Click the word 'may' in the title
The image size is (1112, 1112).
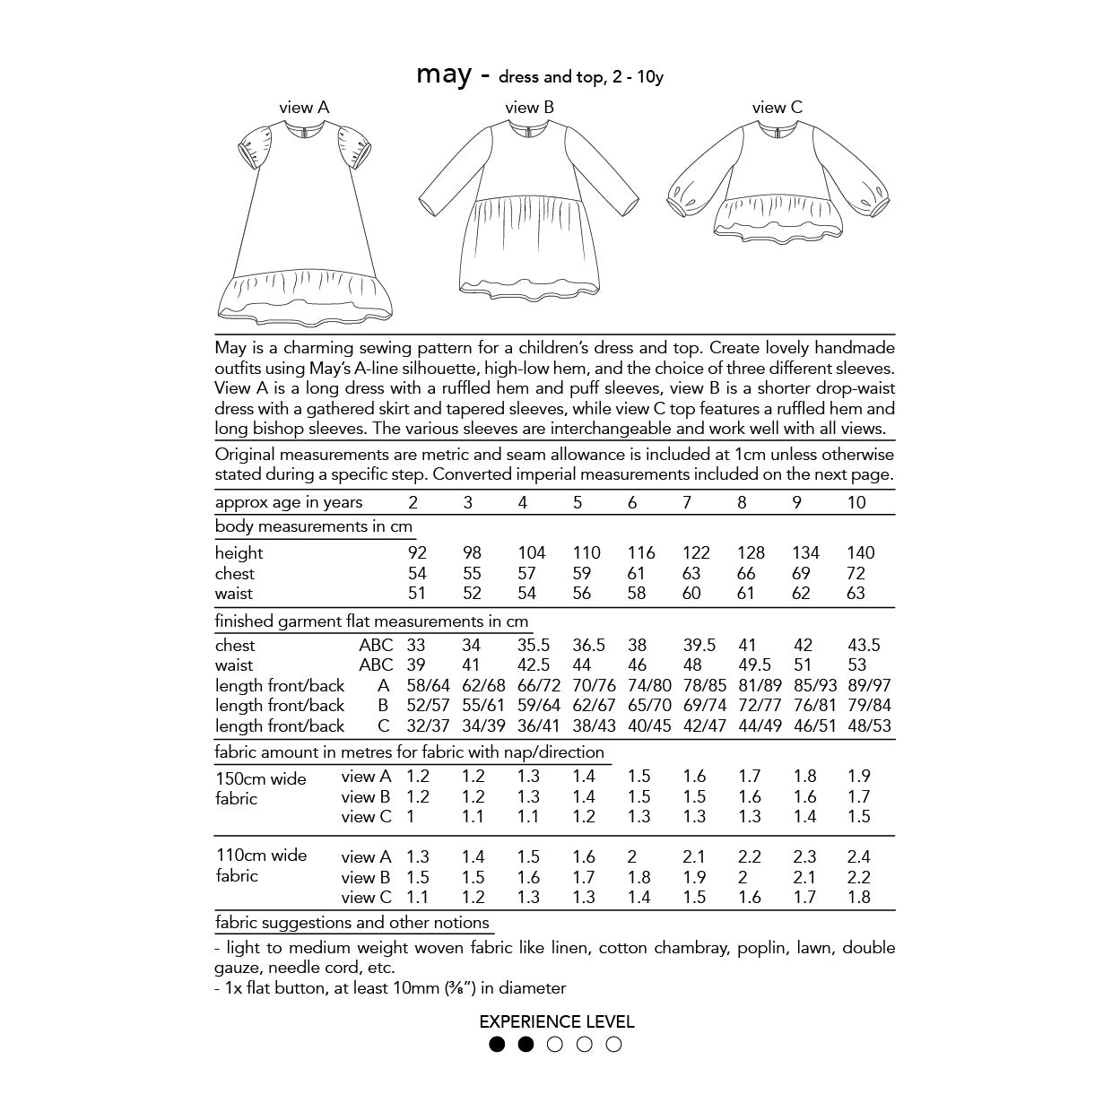(x=443, y=75)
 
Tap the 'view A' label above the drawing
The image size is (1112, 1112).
(x=304, y=108)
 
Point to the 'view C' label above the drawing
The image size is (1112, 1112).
(x=777, y=108)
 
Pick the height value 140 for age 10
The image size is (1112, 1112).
(x=860, y=552)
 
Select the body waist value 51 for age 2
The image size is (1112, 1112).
(x=417, y=594)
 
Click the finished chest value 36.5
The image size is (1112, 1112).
(x=588, y=646)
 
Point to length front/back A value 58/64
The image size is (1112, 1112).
(x=427, y=686)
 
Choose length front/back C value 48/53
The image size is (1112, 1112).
(x=869, y=726)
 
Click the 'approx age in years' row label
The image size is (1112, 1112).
(x=289, y=502)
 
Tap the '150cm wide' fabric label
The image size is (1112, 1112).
(x=261, y=778)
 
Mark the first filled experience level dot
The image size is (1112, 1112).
(x=497, y=1044)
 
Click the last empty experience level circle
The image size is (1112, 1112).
(x=613, y=1044)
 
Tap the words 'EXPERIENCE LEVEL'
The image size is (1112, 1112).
(x=556, y=1021)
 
